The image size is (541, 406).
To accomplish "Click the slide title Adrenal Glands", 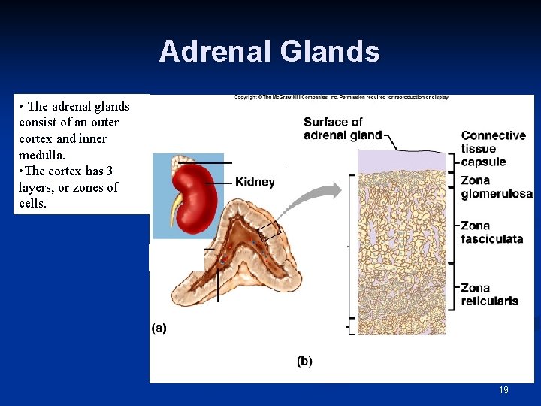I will pyautogui.click(x=269, y=52).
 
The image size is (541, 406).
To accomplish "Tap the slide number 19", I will pyautogui.click(x=503, y=390).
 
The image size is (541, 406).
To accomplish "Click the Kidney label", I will pyautogui.click(x=255, y=182).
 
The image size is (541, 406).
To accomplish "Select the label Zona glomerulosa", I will pyautogui.click(x=496, y=187).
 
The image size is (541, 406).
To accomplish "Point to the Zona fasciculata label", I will pyautogui.click(x=491, y=232).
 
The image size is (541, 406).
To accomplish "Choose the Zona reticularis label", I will pyautogui.click(x=489, y=295).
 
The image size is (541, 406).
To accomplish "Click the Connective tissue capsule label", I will pyautogui.click(x=493, y=148).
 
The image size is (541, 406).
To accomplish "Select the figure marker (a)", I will pyautogui.click(x=159, y=328).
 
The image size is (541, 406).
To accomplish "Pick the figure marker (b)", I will pyautogui.click(x=304, y=361).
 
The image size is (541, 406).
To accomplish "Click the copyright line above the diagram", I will pyautogui.click(x=341, y=97).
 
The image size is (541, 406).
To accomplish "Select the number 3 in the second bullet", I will pyautogui.click(x=109, y=171).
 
